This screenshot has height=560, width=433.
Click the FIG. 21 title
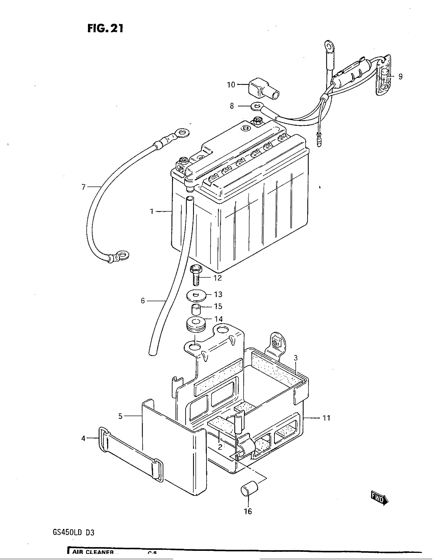(105, 28)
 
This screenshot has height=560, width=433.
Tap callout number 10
(231, 84)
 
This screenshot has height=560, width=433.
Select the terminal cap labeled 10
(263, 91)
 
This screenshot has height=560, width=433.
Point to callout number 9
(400, 76)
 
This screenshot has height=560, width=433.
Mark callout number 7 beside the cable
(83, 187)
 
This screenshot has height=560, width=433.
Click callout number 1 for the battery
(152, 212)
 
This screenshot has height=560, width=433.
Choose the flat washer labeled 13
(196, 296)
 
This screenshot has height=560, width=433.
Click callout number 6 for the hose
(143, 301)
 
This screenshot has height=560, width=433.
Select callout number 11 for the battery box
(326, 418)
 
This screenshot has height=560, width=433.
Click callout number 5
(120, 416)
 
